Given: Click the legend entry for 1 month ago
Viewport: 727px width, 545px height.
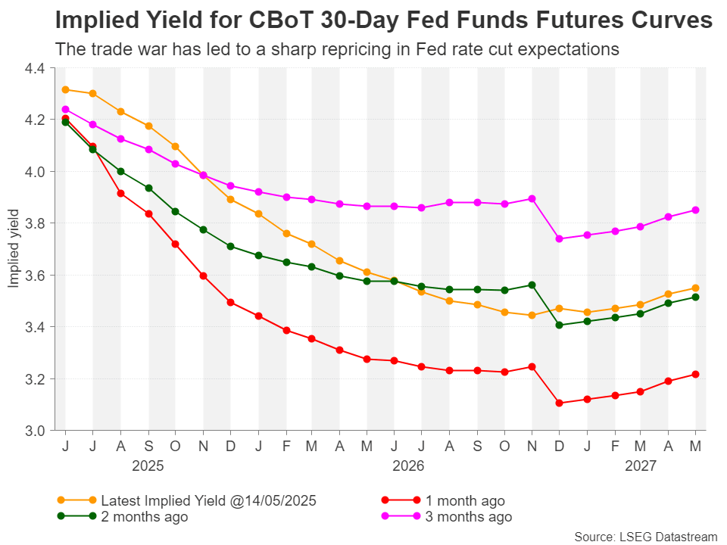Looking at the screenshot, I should (464, 500).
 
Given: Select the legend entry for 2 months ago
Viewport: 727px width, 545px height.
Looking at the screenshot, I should (144, 517).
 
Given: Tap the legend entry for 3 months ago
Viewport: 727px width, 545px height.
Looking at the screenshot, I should (468, 517).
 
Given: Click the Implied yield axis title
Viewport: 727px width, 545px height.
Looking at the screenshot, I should (13, 249).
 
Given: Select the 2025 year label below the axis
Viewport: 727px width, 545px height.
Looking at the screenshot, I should (148, 466).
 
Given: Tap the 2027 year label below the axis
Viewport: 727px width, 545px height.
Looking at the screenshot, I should (641, 466).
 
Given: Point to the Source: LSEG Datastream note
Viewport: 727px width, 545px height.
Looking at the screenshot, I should (645, 537).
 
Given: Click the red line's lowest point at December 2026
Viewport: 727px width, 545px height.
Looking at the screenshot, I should (559, 403).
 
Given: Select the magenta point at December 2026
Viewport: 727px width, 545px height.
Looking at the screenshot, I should (559, 238).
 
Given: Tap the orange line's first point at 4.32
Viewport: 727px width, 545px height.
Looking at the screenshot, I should (66, 89).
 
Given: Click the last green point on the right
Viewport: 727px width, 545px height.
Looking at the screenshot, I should (696, 297).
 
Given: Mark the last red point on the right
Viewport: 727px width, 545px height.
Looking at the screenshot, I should (696, 374).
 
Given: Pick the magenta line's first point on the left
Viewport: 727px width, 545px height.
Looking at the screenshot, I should (66, 109).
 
